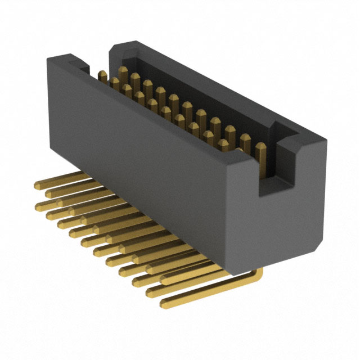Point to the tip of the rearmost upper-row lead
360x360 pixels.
coord(38,186)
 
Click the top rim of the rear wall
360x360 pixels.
coord(214,84)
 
